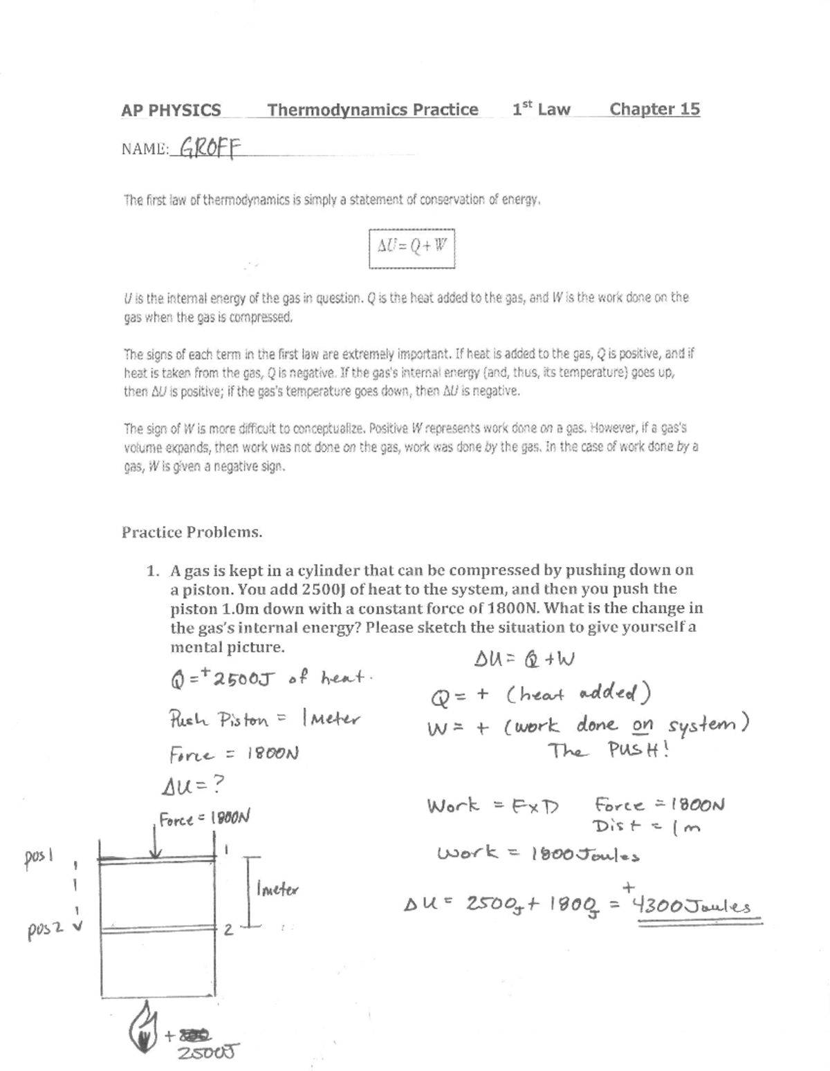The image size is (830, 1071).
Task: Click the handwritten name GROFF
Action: pos(205,147)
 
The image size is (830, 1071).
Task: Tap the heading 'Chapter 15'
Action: pos(654,109)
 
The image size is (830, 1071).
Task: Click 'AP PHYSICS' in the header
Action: pos(171,110)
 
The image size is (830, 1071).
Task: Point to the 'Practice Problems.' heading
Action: pos(192,532)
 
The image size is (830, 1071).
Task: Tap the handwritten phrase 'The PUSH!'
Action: pos(609,750)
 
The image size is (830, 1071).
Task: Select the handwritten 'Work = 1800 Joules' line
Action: pos(537,855)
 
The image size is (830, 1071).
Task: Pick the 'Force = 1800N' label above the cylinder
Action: pos(204,819)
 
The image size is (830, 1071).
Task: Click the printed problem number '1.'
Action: pos(153,571)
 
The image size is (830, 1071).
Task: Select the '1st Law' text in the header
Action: pos(541,109)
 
